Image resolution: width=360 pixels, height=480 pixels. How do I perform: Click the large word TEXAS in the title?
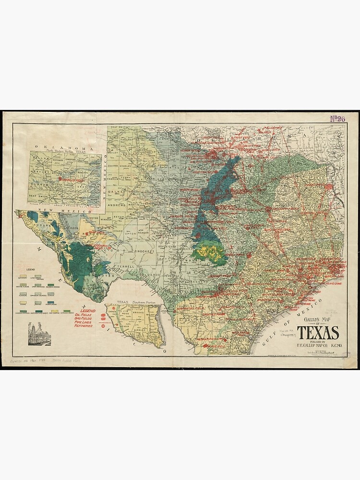click(318, 333)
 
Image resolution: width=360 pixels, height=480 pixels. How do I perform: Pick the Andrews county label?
click(117, 205)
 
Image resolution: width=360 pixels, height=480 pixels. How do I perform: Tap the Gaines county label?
click(117, 191)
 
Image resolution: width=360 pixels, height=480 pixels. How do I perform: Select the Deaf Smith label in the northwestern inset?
click(40, 196)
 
